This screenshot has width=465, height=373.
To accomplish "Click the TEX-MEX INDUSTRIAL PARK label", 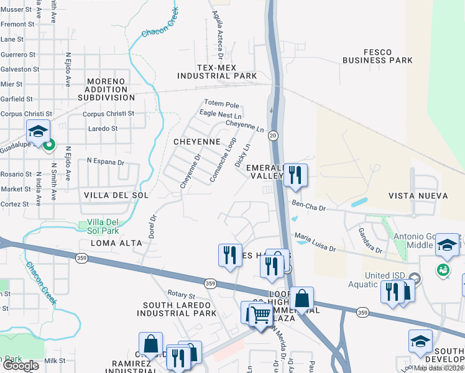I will click(x=217, y=71).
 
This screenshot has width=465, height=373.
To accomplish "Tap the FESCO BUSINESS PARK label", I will click(x=378, y=56).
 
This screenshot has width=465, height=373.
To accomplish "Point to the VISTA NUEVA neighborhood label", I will click(x=418, y=196).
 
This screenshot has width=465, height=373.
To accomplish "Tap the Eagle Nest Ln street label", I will click(x=221, y=114).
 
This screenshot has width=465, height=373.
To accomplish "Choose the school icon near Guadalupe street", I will click(x=38, y=132).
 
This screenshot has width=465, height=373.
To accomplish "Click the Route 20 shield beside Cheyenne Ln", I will click(x=272, y=134).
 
